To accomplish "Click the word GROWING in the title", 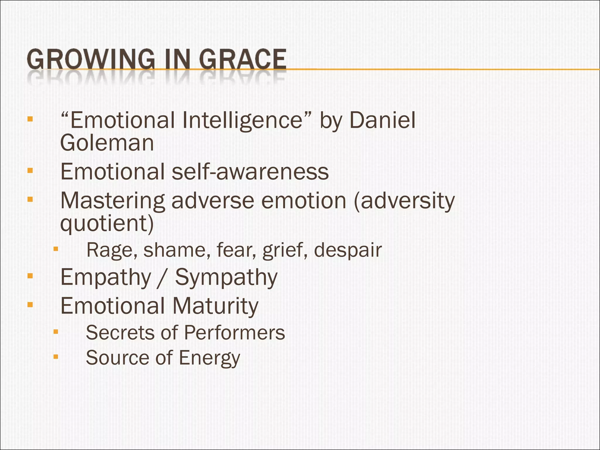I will click(91, 59).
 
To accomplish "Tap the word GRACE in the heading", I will click(243, 59).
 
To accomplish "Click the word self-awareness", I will click(250, 172).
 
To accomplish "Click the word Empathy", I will click(106, 277).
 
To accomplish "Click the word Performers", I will click(234, 333).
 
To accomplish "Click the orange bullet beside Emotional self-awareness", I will click(30, 170).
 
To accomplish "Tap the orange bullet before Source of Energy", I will click(56, 357).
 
